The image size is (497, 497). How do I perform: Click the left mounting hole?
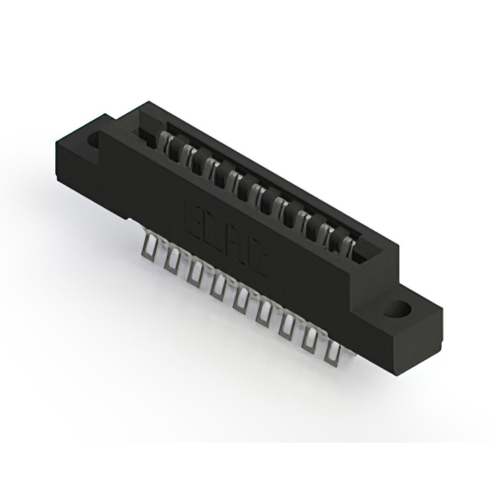[x=96, y=141]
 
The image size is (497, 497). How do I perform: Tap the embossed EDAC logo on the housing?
[x=226, y=238]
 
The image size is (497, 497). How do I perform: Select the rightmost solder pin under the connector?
[x=335, y=353]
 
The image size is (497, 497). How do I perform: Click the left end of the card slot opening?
[x=147, y=133]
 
